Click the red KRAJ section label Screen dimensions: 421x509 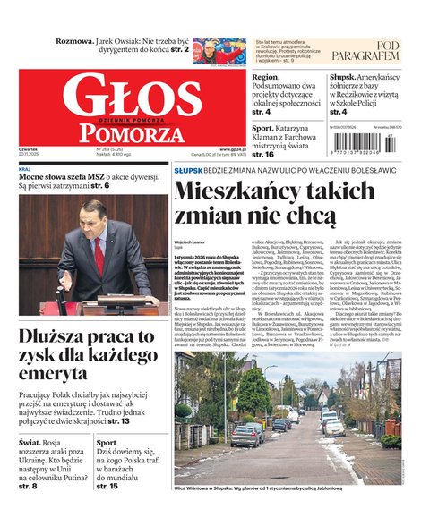click(26, 167)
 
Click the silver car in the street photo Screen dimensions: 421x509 click(245, 436)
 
